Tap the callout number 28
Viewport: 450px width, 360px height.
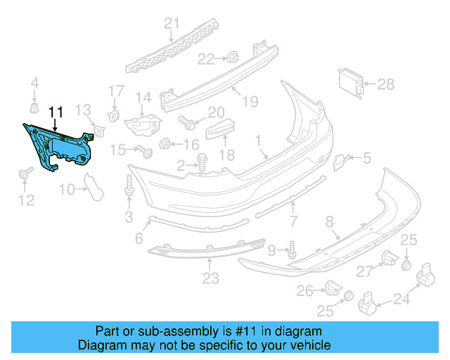point(386,84)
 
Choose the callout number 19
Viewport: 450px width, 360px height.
point(250,101)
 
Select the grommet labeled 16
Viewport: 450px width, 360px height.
point(165,144)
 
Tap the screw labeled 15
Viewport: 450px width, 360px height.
point(145,150)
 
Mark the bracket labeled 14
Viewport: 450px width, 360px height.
point(143,124)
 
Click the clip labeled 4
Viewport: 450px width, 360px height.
point(33,108)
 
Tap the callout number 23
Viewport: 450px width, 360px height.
point(211,278)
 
